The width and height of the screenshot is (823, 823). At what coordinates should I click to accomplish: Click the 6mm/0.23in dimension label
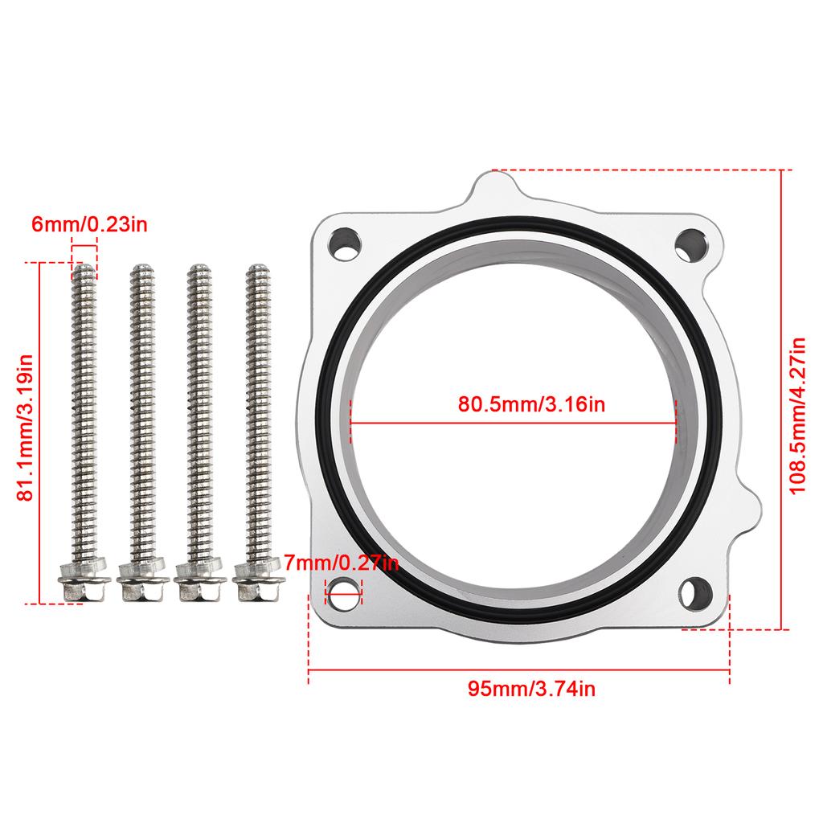click(x=89, y=224)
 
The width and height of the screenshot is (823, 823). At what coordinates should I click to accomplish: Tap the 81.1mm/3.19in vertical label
click(x=25, y=428)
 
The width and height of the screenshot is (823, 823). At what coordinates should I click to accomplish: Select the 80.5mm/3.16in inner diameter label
click(x=531, y=404)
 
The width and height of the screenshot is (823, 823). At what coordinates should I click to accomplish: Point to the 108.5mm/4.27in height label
click(x=797, y=416)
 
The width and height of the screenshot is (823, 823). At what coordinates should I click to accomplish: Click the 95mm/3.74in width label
click(x=531, y=688)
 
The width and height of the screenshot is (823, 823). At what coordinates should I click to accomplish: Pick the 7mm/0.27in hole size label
click(x=342, y=563)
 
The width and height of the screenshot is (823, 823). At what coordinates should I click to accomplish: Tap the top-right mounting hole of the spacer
click(x=691, y=245)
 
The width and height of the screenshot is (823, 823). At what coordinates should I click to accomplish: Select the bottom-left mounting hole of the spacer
click(x=343, y=594)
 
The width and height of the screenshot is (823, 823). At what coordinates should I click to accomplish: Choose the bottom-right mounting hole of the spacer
click(x=695, y=593)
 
